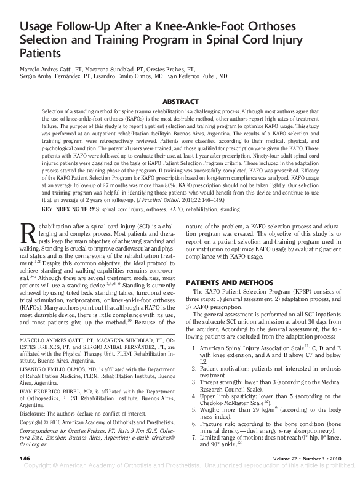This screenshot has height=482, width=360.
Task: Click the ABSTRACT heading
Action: click(180, 101)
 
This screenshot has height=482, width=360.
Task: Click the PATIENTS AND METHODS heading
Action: click(220, 281)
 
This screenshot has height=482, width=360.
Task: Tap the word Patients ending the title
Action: click(40, 53)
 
